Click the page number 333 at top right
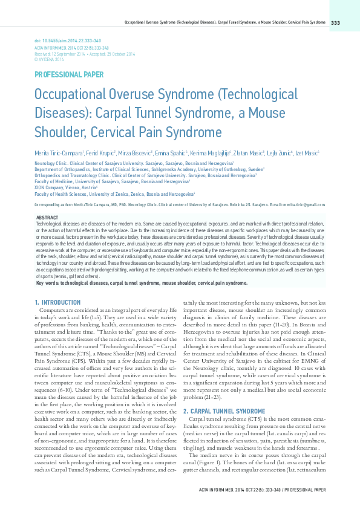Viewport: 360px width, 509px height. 336,23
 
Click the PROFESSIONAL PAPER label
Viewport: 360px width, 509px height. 69,74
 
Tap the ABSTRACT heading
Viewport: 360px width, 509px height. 48,217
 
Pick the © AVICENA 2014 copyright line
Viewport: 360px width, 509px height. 49,60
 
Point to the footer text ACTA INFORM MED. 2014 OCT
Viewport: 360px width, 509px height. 242,490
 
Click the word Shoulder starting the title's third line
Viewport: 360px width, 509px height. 60,132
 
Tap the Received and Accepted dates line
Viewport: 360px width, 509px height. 85,54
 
